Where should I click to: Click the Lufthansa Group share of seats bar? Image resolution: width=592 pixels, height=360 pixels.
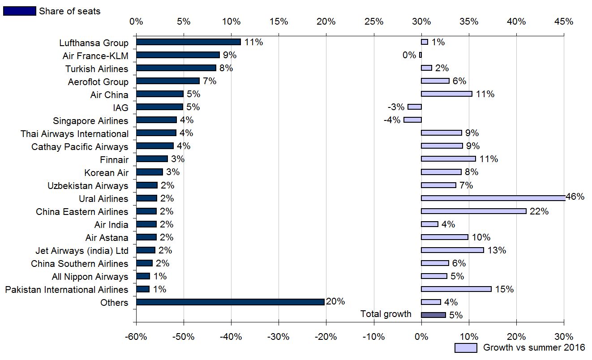point(188,42)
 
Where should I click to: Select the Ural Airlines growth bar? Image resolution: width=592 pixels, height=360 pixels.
point(493,198)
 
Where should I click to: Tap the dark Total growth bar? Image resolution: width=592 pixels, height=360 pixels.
point(433,315)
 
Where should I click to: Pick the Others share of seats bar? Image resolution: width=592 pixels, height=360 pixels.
point(230,302)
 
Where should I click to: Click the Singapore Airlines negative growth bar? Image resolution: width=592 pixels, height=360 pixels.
point(412,120)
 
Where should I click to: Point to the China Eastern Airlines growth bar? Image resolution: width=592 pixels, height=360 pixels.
point(473,211)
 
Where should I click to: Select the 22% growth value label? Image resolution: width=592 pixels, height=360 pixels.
point(539,211)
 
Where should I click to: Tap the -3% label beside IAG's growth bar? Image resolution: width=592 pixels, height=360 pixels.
point(396,107)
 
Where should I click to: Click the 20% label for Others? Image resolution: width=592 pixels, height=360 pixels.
point(335,301)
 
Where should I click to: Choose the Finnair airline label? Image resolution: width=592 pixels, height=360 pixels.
point(114,160)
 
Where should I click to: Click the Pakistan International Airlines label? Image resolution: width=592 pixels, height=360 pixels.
point(67,290)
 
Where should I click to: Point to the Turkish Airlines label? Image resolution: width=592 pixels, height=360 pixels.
point(97,69)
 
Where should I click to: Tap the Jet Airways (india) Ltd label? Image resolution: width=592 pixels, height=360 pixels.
point(82,251)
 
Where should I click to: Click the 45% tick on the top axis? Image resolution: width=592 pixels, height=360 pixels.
point(564,21)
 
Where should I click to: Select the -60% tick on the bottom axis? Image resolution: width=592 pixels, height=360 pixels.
point(136,336)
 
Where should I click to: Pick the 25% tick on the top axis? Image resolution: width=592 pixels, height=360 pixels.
point(374,21)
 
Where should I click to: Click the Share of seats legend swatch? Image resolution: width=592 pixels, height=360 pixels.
point(19,11)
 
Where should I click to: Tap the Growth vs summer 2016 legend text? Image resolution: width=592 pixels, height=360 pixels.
point(534,347)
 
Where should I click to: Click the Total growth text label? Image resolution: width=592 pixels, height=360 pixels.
point(386,314)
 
